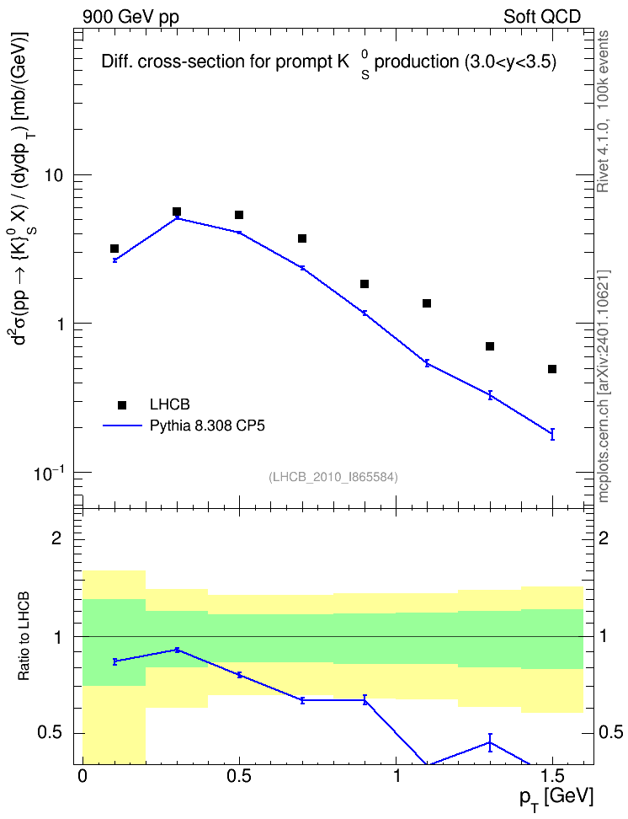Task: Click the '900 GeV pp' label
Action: point(130,17)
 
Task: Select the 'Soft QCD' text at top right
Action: point(542,17)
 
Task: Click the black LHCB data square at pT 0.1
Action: point(114,249)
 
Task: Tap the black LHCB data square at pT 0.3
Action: point(177,211)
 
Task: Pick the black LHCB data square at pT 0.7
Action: point(301,238)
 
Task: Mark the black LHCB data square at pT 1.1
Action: point(427,303)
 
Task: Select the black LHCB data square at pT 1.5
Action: point(551,369)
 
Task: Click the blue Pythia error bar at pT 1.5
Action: point(552,435)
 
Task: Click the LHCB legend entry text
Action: point(170,404)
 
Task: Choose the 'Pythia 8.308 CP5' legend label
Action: point(207,426)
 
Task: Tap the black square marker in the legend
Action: point(122,404)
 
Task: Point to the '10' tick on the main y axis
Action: point(54,175)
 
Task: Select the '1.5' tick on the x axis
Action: point(553,776)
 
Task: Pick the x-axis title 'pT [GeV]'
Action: point(556,798)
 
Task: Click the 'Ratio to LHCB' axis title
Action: point(24,636)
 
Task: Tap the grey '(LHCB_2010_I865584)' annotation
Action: point(333,477)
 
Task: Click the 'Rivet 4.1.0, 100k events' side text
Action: point(603,111)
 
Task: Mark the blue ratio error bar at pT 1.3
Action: point(490,742)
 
